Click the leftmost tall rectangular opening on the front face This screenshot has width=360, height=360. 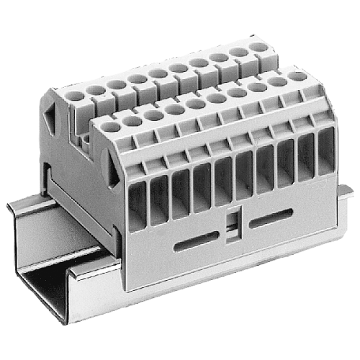coord(138,199)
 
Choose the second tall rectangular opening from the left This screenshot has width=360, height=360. coord(158,193)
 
